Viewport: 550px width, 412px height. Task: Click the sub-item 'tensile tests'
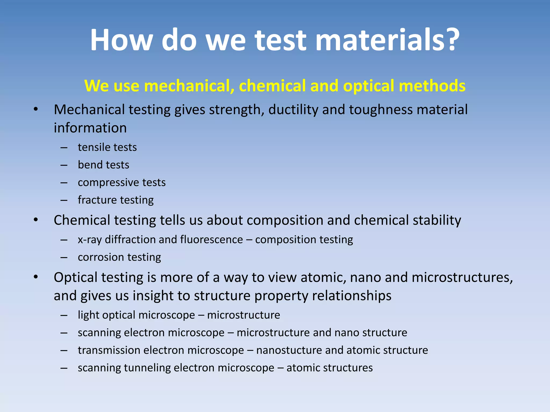click(107, 147)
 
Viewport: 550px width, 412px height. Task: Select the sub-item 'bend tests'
click(103, 165)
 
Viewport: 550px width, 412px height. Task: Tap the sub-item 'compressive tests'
click(122, 183)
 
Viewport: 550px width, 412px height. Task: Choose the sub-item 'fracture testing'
click(115, 200)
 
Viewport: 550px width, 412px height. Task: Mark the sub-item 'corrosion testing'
click(119, 257)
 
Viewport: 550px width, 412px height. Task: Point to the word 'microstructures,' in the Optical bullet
click(462, 277)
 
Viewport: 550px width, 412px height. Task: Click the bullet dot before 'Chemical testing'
click(36, 220)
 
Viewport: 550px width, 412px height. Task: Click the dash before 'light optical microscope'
click(64, 315)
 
